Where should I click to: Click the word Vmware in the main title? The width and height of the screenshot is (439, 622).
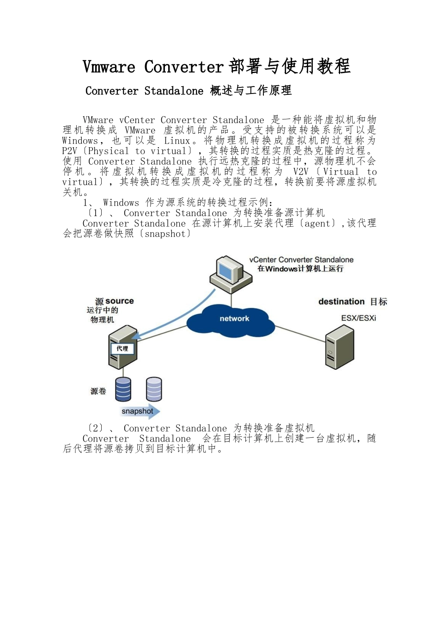click(109, 67)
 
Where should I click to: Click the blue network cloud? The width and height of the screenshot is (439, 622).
click(234, 319)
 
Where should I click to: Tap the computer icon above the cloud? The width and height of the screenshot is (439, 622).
click(231, 274)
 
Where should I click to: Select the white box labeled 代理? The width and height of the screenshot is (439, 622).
click(122, 348)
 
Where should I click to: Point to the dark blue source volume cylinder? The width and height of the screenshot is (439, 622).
click(123, 389)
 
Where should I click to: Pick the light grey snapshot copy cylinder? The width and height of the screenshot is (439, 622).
click(154, 389)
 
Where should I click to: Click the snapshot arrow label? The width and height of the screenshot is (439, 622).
click(138, 411)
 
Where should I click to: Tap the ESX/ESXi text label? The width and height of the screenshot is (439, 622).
click(359, 318)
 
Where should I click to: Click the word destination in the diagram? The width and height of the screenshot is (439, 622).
click(341, 302)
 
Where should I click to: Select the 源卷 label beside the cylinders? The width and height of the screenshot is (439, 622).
click(98, 391)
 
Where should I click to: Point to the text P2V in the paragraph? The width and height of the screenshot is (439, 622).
click(70, 151)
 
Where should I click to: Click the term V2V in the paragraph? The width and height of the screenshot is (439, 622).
click(300, 172)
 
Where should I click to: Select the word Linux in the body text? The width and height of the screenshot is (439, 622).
click(177, 141)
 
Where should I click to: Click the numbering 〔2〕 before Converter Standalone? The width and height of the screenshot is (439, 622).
click(95, 428)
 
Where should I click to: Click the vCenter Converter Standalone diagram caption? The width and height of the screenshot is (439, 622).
click(301, 260)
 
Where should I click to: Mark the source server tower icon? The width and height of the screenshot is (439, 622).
click(122, 347)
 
